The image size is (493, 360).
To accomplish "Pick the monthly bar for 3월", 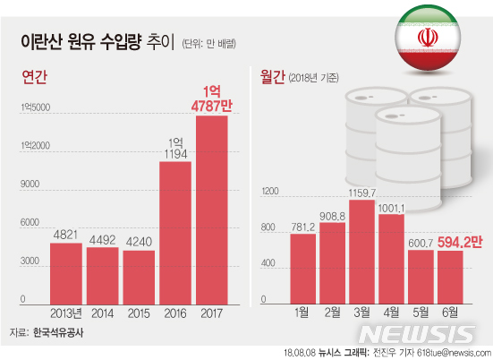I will [x=361, y=250].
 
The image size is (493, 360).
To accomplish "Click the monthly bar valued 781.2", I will [x=302, y=267].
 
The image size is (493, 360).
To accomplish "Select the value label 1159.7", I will [x=361, y=193].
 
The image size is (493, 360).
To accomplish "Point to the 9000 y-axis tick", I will [x=30, y=184].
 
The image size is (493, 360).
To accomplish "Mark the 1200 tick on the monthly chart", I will [x=271, y=191].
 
